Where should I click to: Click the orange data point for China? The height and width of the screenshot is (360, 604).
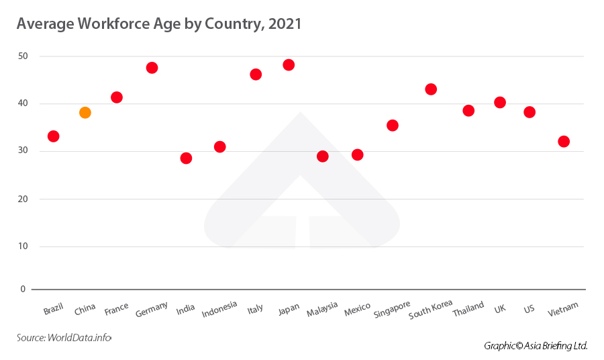click(x=85, y=113)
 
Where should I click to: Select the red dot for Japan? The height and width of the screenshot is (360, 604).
click(x=289, y=65)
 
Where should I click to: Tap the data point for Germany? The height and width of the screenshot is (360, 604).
click(x=152, y=68)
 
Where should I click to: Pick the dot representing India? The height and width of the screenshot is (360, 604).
click(x=186, y=159)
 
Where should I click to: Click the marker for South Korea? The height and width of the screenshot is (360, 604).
click(x=431, y=89)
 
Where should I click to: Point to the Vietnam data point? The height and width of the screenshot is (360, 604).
click(x=564, y=142)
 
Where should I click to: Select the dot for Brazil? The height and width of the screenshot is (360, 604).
click(x=54, y=136)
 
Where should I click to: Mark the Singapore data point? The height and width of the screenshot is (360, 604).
click(x=393, y=126)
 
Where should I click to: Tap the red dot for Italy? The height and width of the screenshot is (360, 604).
click(x=256, y=75)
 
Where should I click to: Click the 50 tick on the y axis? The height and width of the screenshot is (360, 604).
click(x=23, y=56)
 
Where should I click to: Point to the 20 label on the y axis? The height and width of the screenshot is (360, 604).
click(x=23, y=199)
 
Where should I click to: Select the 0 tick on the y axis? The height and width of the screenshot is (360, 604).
click(x=23, y=289)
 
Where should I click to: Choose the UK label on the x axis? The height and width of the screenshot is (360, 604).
click(x=499, y=308)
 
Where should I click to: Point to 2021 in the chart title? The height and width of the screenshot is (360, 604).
click(x=285, y=24)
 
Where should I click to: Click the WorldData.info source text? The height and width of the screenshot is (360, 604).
click(x=79, y=338)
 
